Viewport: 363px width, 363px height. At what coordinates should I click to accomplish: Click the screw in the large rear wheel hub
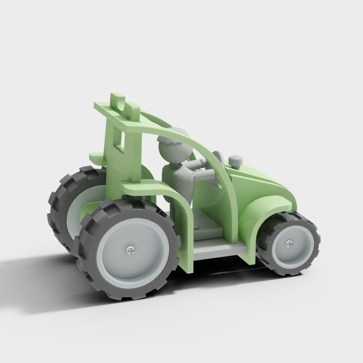(130, 249)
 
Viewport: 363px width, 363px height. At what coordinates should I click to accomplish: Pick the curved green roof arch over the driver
(189, 138)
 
